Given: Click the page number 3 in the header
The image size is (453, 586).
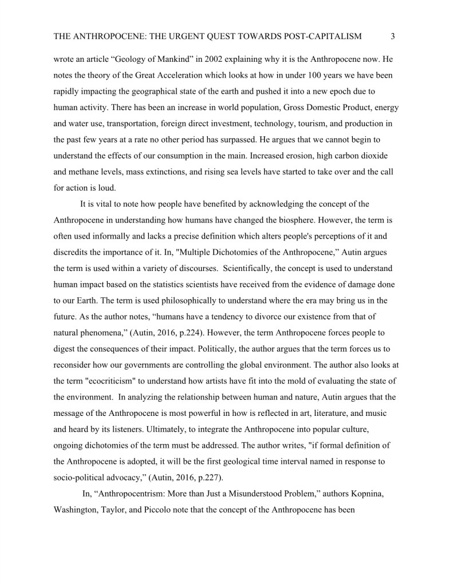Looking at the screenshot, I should point(393,37).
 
